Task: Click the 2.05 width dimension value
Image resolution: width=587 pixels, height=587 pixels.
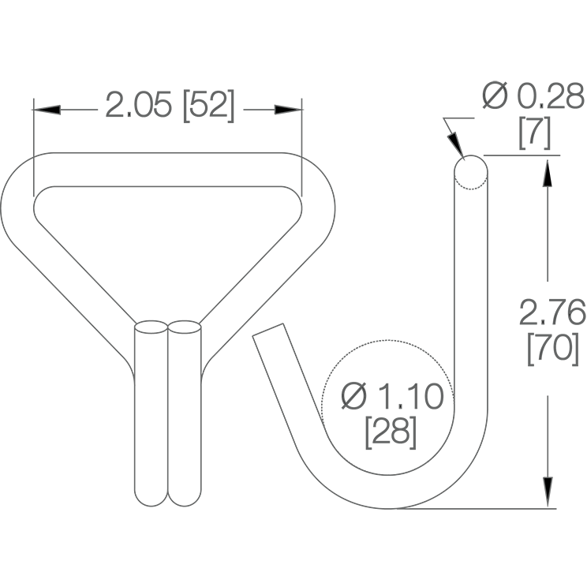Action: [139, 104]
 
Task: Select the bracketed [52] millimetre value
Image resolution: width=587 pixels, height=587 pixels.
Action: [209, 106]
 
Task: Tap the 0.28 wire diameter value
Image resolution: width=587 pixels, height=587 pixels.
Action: [551, 96]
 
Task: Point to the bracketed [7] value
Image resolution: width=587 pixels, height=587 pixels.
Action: [535, 133]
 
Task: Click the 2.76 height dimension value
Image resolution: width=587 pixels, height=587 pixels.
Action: [552, 312]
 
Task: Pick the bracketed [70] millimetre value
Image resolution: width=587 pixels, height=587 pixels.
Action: [553, 349]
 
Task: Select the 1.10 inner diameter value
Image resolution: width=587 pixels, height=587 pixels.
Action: [411, 396]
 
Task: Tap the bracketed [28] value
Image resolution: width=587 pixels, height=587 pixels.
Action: [391, 433]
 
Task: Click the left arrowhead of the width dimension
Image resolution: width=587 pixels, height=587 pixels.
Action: [47, 110]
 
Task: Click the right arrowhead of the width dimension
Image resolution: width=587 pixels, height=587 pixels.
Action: [288, 110]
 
